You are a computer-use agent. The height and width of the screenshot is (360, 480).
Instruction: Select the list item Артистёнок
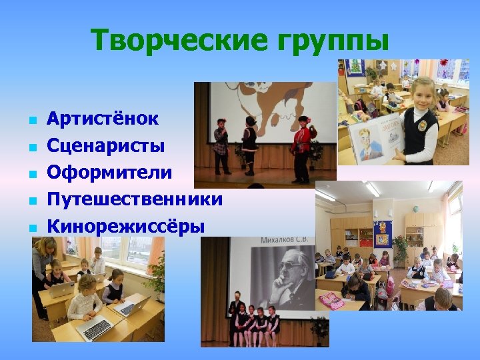pos(103,119)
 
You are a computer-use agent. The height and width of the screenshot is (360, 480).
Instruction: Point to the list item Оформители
pos(109,172)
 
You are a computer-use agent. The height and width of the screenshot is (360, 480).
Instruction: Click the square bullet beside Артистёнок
pos(31,121)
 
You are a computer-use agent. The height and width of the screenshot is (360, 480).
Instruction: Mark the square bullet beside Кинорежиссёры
pos(31,228)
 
